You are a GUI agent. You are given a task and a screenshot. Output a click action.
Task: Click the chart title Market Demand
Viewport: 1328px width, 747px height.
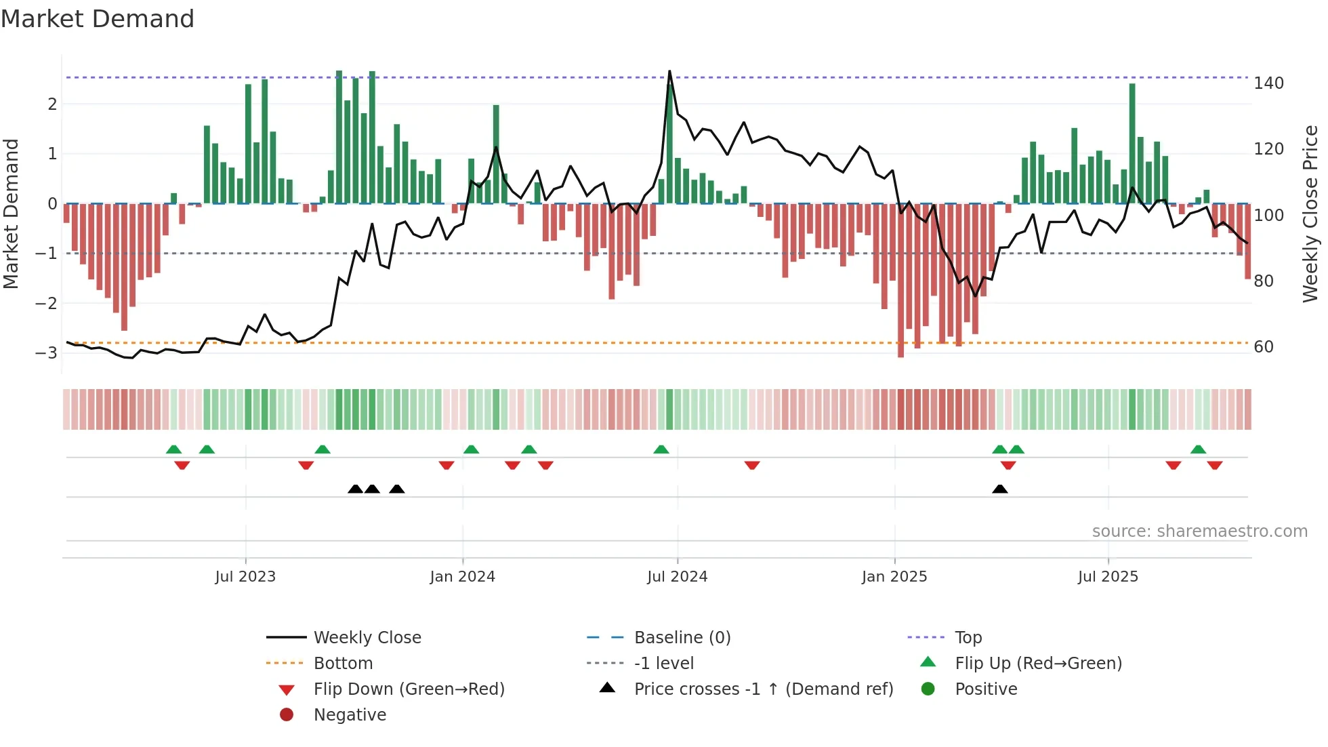(x=98, y=18)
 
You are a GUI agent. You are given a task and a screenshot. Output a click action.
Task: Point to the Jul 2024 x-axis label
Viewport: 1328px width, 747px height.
(x=677, y=577)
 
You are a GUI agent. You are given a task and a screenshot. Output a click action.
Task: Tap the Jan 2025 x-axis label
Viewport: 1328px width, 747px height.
(x=894, y=577)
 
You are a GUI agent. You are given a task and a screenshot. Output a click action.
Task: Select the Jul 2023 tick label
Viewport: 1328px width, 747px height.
(x=245, y=577)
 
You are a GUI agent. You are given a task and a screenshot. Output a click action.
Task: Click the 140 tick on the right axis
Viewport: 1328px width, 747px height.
(x=1268, y=83)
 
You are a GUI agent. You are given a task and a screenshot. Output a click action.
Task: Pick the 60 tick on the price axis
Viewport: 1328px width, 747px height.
(x=1263, y=347)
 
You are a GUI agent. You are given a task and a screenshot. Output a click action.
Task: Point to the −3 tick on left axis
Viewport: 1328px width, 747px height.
(x=46, y=352)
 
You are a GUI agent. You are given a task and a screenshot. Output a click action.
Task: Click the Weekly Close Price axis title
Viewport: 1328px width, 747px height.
(x=1310, y=214)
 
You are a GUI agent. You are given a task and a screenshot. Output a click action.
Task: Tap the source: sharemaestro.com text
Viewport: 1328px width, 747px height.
(x=1199, y=531)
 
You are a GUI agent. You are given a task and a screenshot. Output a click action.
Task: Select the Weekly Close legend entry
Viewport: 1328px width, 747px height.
(x=367, y=638)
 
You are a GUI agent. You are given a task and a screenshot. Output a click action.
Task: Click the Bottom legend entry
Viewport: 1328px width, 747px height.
(x=343, y=664)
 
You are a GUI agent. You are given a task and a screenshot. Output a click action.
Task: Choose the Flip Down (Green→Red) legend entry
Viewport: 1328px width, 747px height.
(x=409, y=689)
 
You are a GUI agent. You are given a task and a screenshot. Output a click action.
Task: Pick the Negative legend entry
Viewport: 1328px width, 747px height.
(x=350, y=715)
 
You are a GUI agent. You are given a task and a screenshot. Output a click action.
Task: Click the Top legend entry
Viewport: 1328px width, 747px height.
(x=968, y=638)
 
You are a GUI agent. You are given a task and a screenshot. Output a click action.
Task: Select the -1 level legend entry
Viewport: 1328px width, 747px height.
(x=663, y=664)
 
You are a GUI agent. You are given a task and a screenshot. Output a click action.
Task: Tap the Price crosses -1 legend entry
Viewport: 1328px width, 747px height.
(x=763, y=689)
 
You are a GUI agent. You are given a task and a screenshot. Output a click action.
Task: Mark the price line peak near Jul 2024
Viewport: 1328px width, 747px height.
(x=669, y=71)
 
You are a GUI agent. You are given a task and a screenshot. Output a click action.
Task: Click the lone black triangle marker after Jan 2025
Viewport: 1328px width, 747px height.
(x=999, y=489)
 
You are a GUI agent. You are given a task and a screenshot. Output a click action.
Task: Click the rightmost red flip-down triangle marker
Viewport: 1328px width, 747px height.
(x=1214, y=465)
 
